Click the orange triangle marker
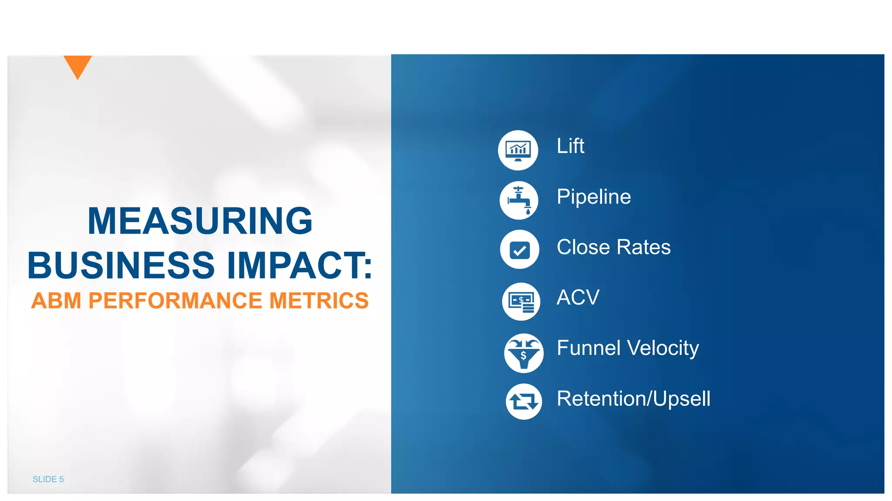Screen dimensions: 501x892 (x=78, y=65)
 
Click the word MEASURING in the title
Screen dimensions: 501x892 (x=200, y=221)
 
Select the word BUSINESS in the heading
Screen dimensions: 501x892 (x=121, y=265)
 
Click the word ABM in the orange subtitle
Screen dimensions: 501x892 (x=56, y=301)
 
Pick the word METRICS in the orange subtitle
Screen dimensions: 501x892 (x=319, y=301)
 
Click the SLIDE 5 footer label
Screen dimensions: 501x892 (x=48, y=479)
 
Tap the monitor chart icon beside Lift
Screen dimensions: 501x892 (x=518, y=150)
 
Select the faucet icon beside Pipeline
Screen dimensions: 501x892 (x=519, y=200)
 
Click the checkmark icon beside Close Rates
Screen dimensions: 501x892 (x=520, y=250)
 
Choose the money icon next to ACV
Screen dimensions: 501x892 (x=521, y=301)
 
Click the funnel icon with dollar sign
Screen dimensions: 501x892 (x=524, y=353)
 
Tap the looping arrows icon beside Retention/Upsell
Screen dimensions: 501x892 (x=524, y=401)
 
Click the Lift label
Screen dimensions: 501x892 (x=570, y=146)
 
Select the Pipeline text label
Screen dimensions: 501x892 (x=594, y=197)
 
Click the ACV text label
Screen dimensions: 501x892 (x=578, y=298)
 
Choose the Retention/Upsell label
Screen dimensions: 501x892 (x=633, y=399)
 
